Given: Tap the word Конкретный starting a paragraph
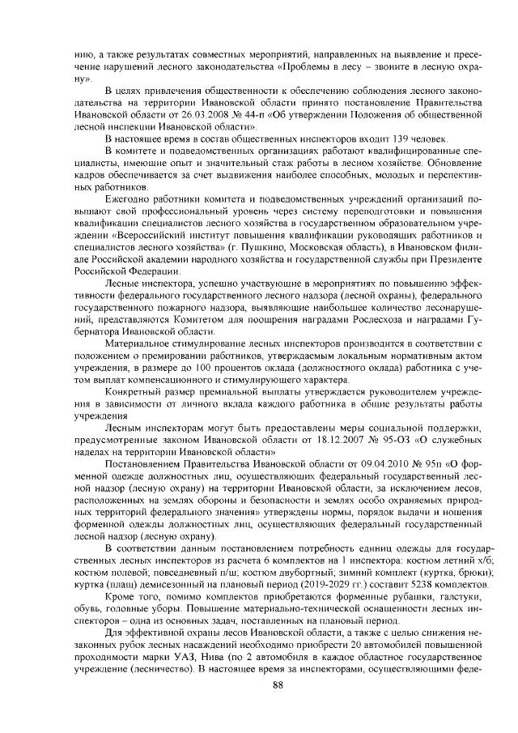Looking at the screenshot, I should point(131,391).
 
